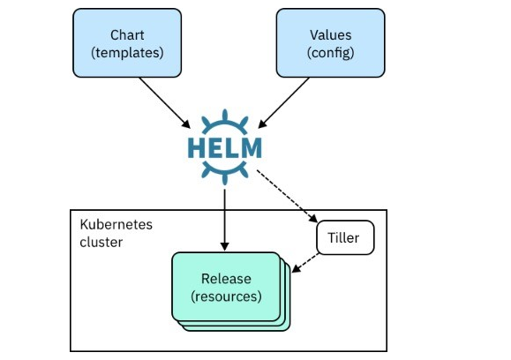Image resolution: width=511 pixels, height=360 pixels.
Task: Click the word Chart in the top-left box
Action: coord(127,35)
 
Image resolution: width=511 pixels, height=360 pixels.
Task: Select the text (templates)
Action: coord(127,53)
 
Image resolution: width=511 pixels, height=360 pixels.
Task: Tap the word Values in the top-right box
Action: coord(330,35)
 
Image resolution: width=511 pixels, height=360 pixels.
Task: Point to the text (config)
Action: coord(330,53)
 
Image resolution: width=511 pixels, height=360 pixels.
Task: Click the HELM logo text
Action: coord(225,148)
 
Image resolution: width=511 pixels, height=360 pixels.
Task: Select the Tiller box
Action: coord(345,237)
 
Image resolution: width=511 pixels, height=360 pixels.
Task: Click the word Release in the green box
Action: coord(226,279)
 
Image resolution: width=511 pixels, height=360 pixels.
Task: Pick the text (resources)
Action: coord(226,296)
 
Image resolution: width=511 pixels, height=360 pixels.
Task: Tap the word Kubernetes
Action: coord(116,224)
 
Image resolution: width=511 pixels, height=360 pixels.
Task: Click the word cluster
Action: coord(101,242)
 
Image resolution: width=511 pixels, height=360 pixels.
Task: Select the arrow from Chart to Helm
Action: coord(165,103)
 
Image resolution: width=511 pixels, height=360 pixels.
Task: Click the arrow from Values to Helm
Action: coord(284,103)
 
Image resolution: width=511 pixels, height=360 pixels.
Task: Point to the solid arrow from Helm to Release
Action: coord(224,221)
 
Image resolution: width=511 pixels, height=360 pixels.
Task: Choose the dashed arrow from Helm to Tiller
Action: coord(287,197)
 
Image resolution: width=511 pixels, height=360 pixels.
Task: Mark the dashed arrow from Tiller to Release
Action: coord(305,263)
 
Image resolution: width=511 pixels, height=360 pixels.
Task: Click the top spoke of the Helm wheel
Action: coord(224,115)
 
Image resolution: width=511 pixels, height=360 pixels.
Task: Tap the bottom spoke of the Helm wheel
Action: coord(224,180)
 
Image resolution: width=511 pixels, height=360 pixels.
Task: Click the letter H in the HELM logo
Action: coord(196,148)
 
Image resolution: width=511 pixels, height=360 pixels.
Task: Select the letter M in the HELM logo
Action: coord(252,148)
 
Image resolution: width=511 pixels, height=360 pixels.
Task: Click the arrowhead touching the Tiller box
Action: coord(313,219)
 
